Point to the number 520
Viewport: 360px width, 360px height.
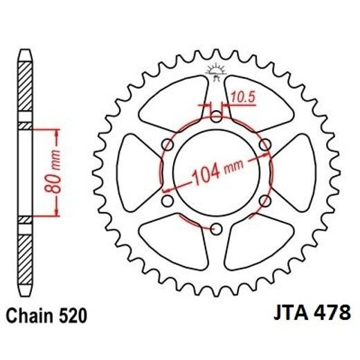pos(73,316)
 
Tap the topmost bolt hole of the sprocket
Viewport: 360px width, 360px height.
pos(215,115)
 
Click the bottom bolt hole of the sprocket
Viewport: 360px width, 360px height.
pos(215,229)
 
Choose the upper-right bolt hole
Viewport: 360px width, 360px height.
pos(264,144)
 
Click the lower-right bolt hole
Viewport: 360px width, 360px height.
pos(264,201)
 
